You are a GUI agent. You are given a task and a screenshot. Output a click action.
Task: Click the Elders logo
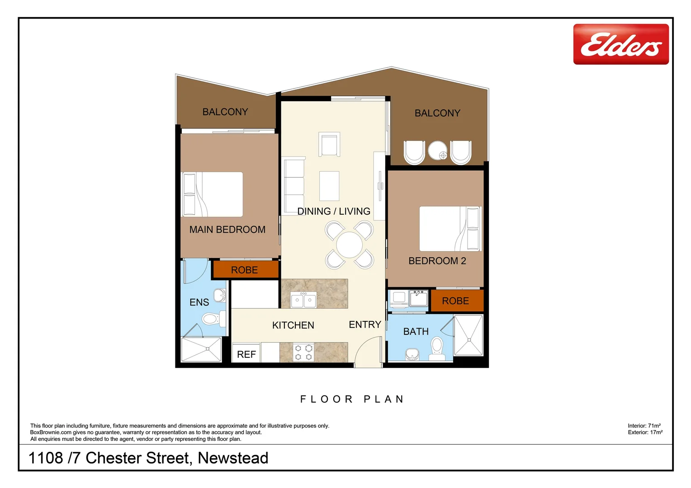point(620,44)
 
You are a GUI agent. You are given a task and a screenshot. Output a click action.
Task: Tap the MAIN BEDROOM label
point(227,230)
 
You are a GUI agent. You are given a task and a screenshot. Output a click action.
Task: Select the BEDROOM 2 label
point(437,261)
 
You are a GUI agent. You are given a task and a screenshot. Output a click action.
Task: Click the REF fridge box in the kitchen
point(246,354)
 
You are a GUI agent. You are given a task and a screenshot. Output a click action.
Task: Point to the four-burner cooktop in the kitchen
point(303,352)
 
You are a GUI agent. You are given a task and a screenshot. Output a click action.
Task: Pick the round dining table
point(350,245)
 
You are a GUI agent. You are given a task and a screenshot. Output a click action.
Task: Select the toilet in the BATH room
point(436,347)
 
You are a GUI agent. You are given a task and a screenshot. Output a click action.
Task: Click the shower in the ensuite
point(201,349)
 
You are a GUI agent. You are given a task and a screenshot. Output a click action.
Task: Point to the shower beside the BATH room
point(469,335)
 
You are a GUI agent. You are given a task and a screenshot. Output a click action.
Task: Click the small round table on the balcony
point(437,150)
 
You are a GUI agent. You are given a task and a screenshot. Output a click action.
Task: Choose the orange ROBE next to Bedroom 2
point(456,301)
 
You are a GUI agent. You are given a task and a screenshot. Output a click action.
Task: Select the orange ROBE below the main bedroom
point(245,270)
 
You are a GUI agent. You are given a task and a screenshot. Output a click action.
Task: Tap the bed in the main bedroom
point(212,194)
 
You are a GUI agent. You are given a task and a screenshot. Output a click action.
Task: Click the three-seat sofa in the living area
point(293,185)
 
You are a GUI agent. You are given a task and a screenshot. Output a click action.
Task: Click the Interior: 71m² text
point(644,426)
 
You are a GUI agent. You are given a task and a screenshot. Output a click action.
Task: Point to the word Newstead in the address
point(233,458)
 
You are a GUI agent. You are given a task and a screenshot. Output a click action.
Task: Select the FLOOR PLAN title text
point(352,399)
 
